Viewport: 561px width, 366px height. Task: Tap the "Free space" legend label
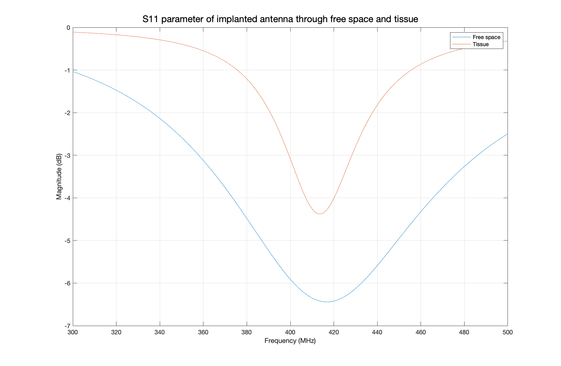(486, 37)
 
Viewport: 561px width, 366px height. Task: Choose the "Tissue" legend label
(481, 44)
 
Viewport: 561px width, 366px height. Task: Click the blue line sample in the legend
(461, 37)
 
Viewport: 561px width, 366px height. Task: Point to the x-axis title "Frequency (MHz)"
(290, 341)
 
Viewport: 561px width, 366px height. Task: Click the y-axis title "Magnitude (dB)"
(59, 177)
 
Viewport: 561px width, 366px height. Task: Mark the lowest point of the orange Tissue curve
(320, 214)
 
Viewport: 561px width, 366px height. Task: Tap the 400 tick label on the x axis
(290, 332)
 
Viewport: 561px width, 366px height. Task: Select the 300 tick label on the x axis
(73, 332)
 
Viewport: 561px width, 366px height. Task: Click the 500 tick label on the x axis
(507, 332)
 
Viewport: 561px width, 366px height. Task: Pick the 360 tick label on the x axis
(203, 332)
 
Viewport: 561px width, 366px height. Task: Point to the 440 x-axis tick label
(377, 332)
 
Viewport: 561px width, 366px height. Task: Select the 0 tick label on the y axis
(69, 28)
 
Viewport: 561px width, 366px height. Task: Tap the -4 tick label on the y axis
(67, 198)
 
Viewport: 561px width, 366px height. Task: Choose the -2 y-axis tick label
(67, 113)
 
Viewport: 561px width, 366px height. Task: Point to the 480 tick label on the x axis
(464, 332)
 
